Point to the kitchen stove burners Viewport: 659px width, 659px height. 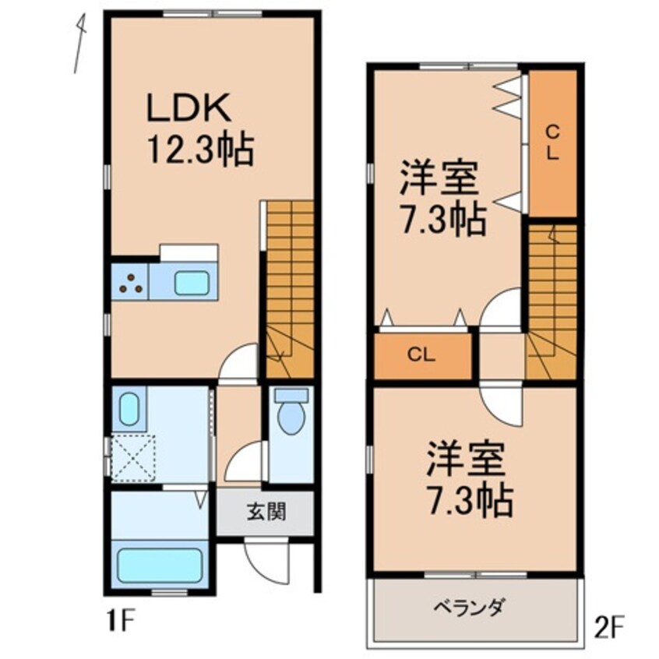tap(130, 282)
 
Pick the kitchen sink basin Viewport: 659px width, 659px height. tap(191, 282)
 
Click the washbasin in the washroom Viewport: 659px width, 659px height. tap(129, 407)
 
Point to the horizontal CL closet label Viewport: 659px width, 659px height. tap(423, 356)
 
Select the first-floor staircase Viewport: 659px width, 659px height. tap(289, 288)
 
